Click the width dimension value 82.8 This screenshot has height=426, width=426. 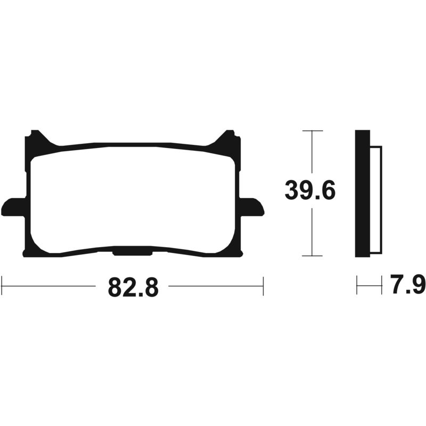tap(133, 287)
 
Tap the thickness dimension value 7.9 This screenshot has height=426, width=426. tap(408, 285)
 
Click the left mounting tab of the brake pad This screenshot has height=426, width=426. tap(13, 207)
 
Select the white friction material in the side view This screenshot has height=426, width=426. tap(376, 200)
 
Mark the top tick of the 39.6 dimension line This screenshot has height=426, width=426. tap(312, 130)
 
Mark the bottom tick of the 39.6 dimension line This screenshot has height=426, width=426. tap(312, 256)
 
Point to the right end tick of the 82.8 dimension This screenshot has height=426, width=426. tap(263, 286)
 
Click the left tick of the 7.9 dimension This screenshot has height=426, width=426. tap(357, 286)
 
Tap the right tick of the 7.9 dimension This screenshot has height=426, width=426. tap(382, 286)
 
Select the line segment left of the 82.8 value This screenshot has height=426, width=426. tap(51, 286)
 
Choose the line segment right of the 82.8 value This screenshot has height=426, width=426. tap(216, 286)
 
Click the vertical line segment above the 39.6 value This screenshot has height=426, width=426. tap(312, 154)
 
